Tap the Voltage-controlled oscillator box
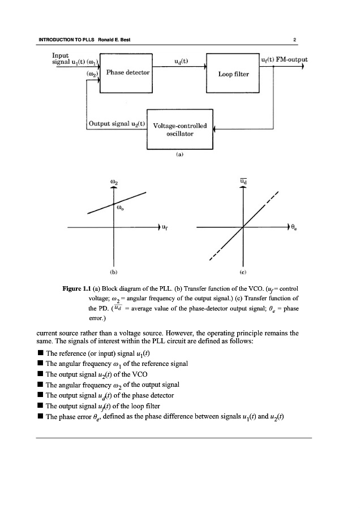[179, 130]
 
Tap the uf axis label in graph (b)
[165, 228]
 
